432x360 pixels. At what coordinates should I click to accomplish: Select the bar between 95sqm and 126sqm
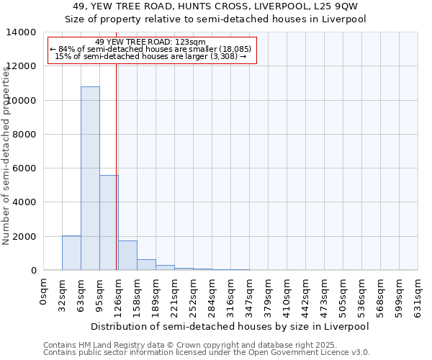[109, 222]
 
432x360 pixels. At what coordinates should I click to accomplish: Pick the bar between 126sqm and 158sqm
[127, 256]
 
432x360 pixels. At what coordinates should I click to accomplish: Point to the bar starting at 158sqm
[146, 265]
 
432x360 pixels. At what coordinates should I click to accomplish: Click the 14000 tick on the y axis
[22, 32]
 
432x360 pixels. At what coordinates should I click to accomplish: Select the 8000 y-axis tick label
[25, 135]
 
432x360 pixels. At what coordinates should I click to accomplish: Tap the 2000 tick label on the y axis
[25, 237]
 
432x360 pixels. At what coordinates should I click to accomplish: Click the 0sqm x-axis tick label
[44, 291]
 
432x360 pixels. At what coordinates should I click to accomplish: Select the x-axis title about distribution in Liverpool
[230, 326]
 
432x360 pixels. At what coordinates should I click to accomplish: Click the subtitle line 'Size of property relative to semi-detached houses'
[216, 19]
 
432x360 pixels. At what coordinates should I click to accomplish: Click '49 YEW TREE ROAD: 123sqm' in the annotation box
[150, 42]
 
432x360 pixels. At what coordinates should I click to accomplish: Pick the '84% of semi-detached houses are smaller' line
[150, 50]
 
